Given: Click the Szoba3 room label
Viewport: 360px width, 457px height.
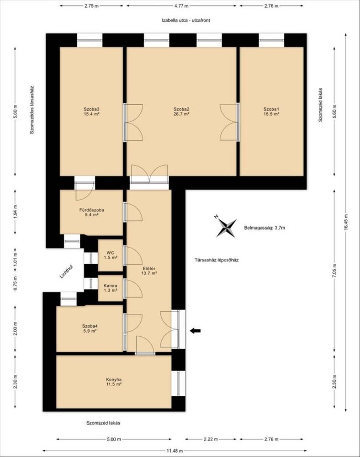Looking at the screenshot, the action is click(x=92, y=109).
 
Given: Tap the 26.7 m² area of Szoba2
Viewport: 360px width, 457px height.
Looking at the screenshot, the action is click(x=181, y=114).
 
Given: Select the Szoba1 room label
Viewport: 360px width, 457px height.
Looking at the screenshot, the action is click(x=271, y=109).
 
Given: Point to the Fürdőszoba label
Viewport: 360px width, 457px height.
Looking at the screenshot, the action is click(x=92, y=210).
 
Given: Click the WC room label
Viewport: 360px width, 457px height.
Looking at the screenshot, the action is click(x=111, y=252).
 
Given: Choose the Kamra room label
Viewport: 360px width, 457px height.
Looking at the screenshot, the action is click(x=111, y=286).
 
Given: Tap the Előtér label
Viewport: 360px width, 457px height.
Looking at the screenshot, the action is click(x=149, y=268).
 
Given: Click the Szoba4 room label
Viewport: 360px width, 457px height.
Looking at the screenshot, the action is click(x=90, y=326).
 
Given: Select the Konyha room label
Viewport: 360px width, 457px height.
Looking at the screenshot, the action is click(x=114, y=379).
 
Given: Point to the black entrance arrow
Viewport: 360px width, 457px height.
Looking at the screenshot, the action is click(x=195, y=330).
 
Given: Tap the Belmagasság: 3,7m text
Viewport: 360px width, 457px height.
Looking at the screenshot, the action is click(x=265, y=228).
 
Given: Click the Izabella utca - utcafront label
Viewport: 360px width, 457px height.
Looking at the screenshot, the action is click(x=186, y=21).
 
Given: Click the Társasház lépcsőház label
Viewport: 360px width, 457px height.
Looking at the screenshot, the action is click(x=217, y=260).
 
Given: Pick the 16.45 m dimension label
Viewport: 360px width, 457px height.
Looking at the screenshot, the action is click(x=346, y=223).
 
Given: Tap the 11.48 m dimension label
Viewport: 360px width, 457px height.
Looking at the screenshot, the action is click(x=175, y=451).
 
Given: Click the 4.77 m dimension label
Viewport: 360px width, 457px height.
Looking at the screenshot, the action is click(x=181, y=6).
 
